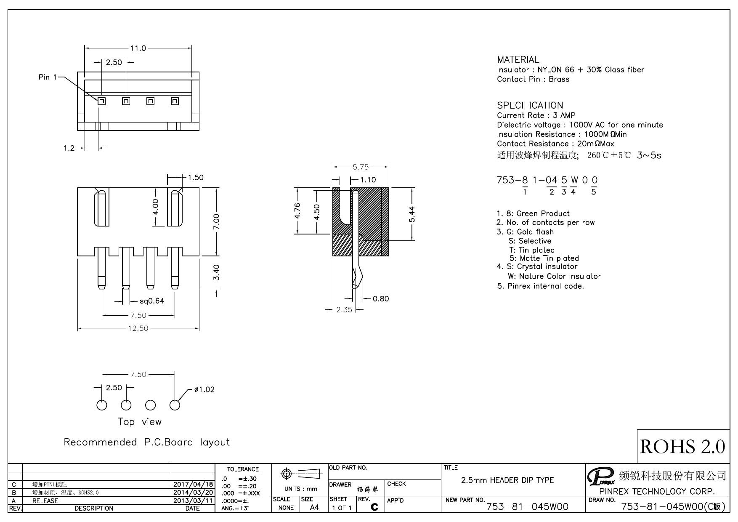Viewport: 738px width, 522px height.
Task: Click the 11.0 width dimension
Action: click(x=138, y=48)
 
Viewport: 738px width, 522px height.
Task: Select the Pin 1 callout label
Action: click(x=48, y=77)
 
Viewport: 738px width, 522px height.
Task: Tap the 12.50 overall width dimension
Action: click(x=138, y=328)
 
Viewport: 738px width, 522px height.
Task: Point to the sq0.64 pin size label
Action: click(x=152, y=301)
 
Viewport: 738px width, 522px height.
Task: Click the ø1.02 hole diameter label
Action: click(x=204, y=389)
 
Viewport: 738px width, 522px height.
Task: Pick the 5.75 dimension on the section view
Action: click(x=361, y=167)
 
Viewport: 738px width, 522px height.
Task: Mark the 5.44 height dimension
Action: click(x=412, y=215)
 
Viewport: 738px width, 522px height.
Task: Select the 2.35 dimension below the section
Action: click(x=344, y=310)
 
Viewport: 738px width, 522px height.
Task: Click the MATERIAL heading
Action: click(x=518, y=60)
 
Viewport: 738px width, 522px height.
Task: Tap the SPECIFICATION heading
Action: click(x=530, y=105)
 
